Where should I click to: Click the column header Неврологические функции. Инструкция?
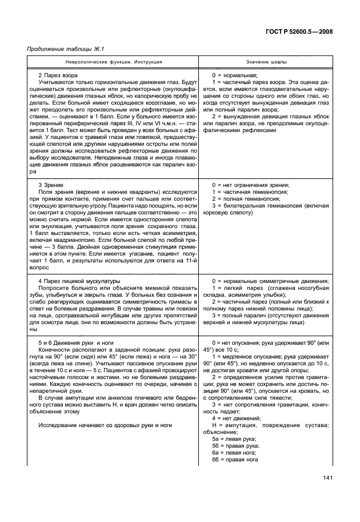click(111, 61)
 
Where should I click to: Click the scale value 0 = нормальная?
click(235, 75)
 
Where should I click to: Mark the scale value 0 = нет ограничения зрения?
click(250, 185)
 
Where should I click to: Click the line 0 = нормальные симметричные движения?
click(266, 281)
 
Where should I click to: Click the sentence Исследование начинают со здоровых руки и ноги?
click(105, 425)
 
